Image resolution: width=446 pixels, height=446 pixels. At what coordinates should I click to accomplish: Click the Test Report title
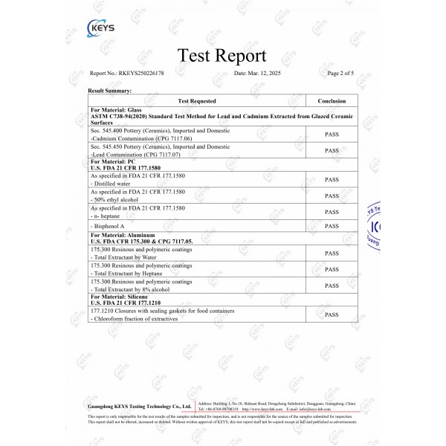coord(222,56)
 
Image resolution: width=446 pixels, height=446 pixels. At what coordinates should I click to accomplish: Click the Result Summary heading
coord(109,90)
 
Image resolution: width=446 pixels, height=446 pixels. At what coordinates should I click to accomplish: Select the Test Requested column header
coord(197,100)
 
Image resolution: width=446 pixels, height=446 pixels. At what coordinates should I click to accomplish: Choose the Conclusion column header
coord(332,100)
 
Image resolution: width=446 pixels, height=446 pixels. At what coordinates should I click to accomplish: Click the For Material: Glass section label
coord(115,110)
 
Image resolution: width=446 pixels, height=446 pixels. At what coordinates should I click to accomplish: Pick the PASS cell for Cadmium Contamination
coord(332,135)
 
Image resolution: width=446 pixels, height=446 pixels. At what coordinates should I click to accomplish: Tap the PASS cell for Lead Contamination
coord(332,151)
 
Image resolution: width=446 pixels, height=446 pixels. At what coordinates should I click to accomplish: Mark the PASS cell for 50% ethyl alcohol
coord(332,195)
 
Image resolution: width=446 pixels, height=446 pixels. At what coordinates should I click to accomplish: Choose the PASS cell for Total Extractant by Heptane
coord(332,269)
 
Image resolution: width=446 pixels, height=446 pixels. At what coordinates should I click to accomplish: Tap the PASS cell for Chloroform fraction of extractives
coord(332,314)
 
